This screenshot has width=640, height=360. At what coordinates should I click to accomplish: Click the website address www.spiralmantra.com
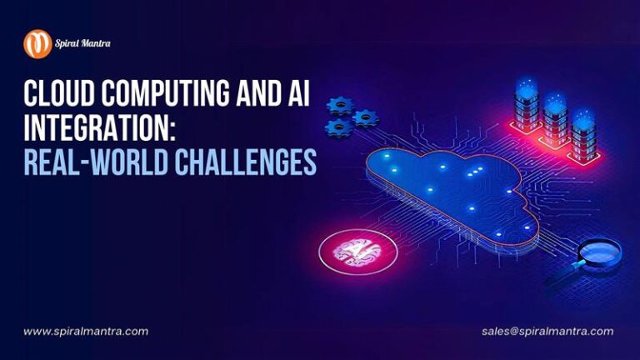(x=86, y=331)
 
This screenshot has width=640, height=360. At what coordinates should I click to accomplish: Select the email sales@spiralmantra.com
(x=547, y=331)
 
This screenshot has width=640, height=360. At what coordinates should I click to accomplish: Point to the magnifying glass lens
(x=598, y=249)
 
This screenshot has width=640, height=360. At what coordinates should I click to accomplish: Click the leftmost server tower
(x=527, y=108)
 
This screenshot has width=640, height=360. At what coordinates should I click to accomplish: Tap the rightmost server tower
(x=584, y=133)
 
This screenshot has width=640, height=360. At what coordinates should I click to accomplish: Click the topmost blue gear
(x=340, y=105)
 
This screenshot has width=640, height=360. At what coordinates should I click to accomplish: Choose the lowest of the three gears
(x=339, y=127)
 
